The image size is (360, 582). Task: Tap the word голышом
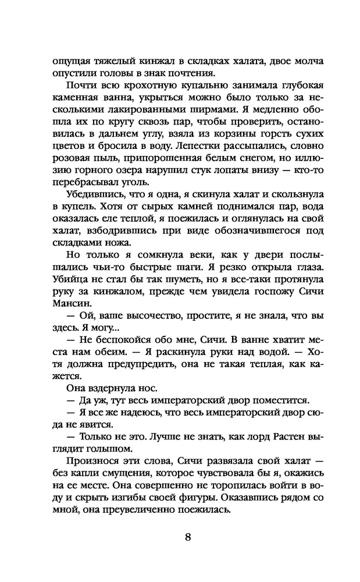click(x=92, y=449)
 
